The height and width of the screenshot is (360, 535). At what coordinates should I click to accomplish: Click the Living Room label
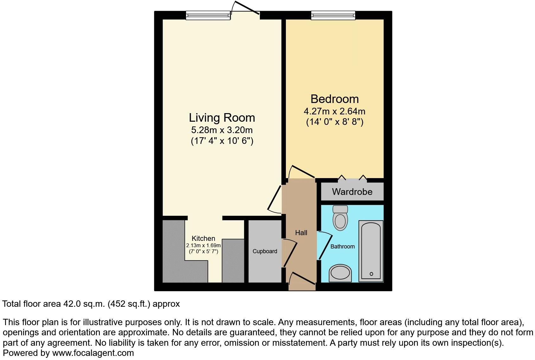pos(222,118)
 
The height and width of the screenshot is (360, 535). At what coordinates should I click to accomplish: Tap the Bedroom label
pos(334,99)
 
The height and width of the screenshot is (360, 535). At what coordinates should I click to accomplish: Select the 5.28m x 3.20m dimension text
pos(222,130)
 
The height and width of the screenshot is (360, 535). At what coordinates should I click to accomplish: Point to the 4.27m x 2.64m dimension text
pos(334,112)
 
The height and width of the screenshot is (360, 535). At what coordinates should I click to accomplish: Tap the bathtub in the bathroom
pos(371,250)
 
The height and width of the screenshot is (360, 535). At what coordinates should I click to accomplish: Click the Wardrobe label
pos(352,192)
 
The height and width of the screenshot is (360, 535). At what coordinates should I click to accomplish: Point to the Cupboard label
pos(265,251)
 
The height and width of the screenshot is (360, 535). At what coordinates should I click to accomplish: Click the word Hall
pos(301,233)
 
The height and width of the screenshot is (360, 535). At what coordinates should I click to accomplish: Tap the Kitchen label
pos(203,238)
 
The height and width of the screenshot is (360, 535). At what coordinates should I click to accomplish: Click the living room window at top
pos(208,15)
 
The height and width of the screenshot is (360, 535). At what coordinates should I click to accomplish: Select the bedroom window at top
pos(333,15)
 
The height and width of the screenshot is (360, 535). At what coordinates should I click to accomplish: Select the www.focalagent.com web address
pos(93,353)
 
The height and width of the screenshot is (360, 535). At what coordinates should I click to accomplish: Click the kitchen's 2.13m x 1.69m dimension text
pos(203,245)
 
